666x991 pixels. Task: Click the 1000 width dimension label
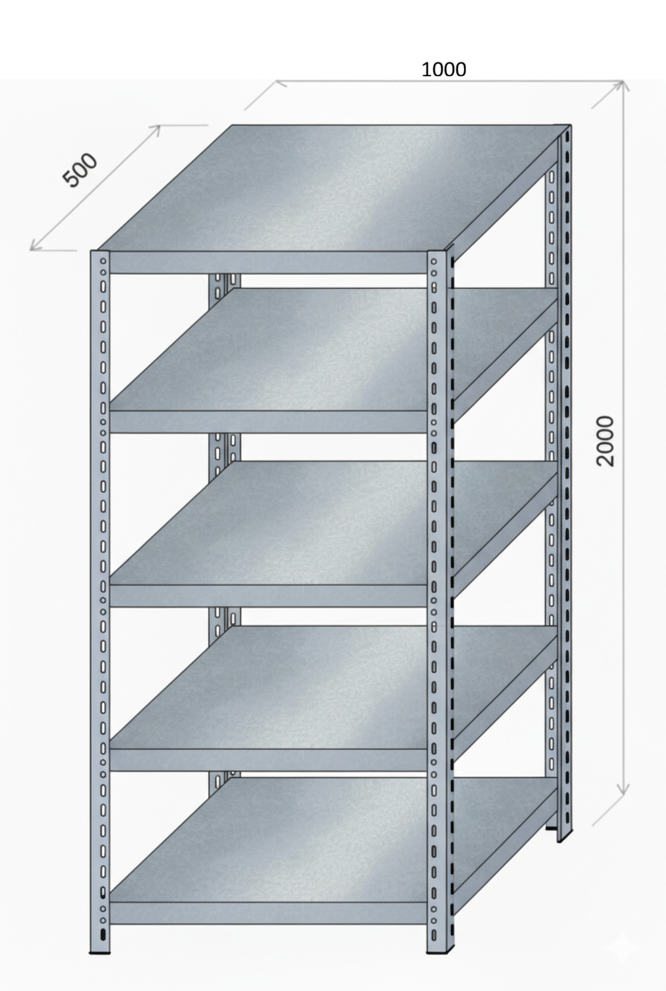(443, 69)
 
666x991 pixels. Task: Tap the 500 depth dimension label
(79, 170)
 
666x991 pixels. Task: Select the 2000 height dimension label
(605, 440)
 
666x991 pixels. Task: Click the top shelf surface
(328, 187)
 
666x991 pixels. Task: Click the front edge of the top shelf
(268, 263)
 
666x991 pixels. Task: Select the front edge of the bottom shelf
(268, 912)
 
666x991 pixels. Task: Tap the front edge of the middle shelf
(268, 596)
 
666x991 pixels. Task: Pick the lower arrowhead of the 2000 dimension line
(624, 788)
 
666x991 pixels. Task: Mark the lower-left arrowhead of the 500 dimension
(35, 246)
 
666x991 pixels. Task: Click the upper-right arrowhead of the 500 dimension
(155, 129)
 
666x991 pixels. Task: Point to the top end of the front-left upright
(99, 251)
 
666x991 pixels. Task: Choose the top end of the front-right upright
(439, 251)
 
